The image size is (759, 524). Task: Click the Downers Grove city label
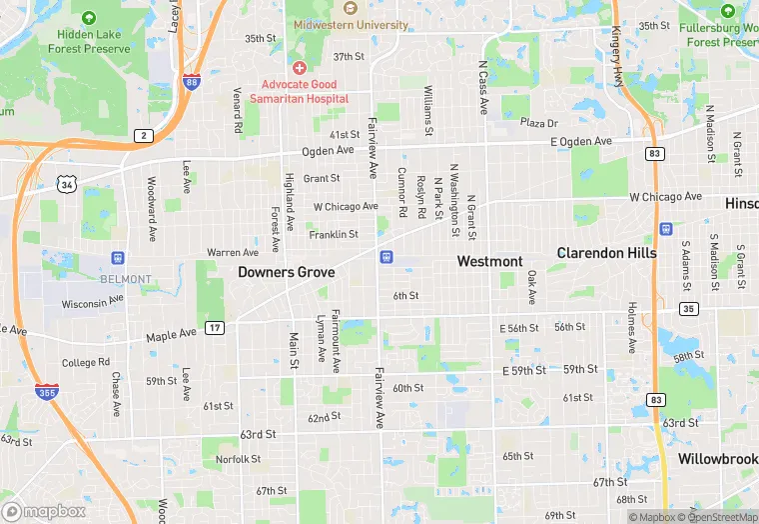point(286,272)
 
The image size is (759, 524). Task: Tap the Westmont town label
point(489,261)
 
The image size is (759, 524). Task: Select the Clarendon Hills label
point(607,253)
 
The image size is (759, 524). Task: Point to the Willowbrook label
point(718,459)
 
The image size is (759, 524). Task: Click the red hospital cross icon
point(299,67)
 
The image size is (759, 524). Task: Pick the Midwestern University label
point(351,24)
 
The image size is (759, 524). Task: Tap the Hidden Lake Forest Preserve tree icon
point(89,18)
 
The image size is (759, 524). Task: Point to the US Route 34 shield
point(67,185)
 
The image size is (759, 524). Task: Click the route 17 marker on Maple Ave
point(215,327)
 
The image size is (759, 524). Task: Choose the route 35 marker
point(687,309)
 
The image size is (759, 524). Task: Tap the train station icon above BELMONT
point(119,259)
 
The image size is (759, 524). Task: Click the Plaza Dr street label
point(538,123)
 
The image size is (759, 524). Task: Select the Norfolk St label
point(238,459)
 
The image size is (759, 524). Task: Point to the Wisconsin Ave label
point(92,302)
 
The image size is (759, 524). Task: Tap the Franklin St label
point(334,235)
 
